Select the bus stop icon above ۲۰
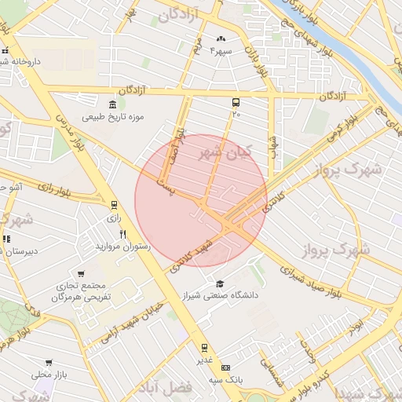(236, 103)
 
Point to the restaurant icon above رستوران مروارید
(122, 234)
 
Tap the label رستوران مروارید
(122, 247)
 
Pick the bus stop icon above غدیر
(204, 347)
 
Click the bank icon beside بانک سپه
(226, 367)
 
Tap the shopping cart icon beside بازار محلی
(49, 364)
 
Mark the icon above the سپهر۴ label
(221, 39)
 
